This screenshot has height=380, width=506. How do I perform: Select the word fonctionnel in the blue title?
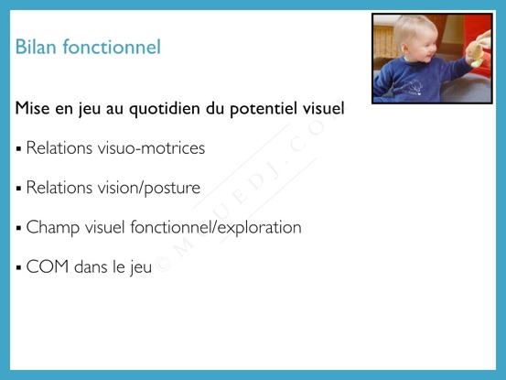click(x=112, y=47)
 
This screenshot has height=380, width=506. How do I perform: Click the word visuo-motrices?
click(x=151, y=148)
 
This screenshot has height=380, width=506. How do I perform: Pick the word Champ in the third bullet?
click(x=53, y=228)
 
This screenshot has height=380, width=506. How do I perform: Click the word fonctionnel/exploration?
click(x=216, y=228)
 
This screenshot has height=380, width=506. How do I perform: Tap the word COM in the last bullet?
click(x=48, y=267)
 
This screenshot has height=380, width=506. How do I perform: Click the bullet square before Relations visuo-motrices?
click(x=18, y=149)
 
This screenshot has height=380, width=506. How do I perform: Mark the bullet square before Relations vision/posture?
click(x=18, y=189)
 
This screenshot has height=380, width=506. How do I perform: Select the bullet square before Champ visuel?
click(x=18, y=228)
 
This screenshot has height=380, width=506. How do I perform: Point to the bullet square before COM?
click(x=18, y=267)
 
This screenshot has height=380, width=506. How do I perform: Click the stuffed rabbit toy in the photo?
click(x=479, y=49)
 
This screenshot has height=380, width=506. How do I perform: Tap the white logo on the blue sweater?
click(x=407, y=87)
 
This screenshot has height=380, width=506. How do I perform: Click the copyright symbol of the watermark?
click(x=163, y=264)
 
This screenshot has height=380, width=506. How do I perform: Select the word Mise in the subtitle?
click(x=33, y=108)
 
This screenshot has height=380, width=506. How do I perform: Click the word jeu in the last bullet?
click(x=141, y=268)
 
